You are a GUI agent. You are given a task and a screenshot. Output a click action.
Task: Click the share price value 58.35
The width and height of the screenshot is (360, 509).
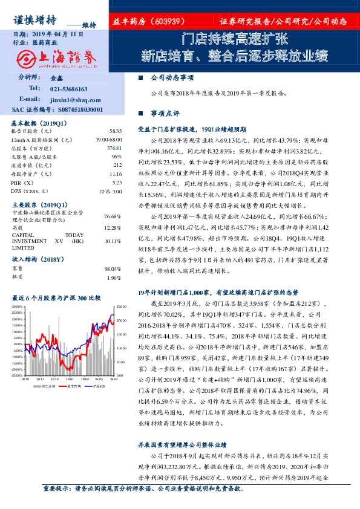pyautogui.click(x=115, y=131)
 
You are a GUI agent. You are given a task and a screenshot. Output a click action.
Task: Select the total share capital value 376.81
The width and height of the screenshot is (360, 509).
pyautogui.click(x=114, y=148)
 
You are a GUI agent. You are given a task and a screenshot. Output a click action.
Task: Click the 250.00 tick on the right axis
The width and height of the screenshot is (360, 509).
pyautogui.click(x=121, y=307)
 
